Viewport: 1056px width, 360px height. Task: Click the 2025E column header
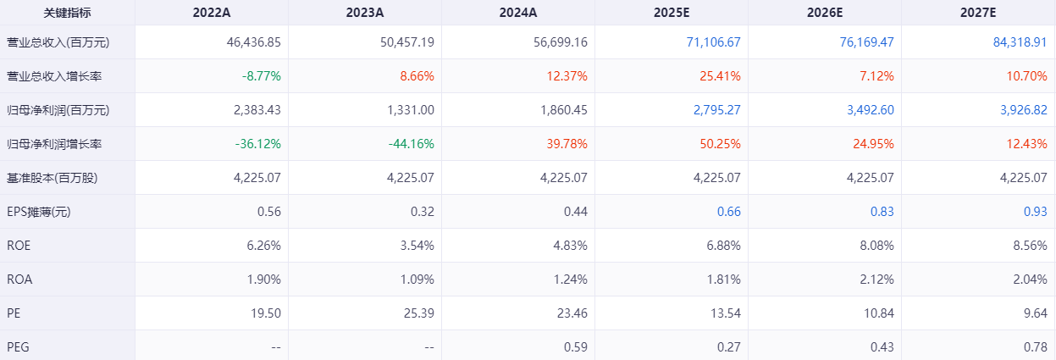pyautogui.click(x=672, y=13)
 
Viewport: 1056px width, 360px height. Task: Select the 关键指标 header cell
pyautogui.click(x=67, y=13)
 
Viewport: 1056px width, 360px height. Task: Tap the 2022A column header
pyautogui.click(x=212, y=13)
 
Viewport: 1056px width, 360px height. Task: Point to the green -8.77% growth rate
pyautogui.click(x=261, y=75)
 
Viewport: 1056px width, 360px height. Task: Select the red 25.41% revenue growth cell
pyautogui.click(x=721, y=75)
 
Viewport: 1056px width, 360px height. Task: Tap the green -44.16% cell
pyautogui.click(x=412, y=143)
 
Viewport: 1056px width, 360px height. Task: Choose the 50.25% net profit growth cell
pyautogui.click(x=721, y=143)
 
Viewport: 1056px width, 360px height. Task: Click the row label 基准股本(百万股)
pyautogui.click(x=50, y=177)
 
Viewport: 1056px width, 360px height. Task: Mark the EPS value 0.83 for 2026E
pyautogui.click(x=882, y=211)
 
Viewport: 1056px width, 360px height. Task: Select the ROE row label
pyautogui.click(x=19, y=245)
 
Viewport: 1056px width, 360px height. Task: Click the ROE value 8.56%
pyautogui.click(x=1027, y=245)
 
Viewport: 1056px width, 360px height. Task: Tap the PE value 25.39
pyautogui.click(x=418, y=313)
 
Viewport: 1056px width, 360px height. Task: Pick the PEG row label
pyautogui.click(x=18, y=346)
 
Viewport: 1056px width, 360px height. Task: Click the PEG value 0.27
pyautogui.click(x=728, y=346)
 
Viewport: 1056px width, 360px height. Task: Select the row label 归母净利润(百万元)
pyautogui.click(x=58, y=109)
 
